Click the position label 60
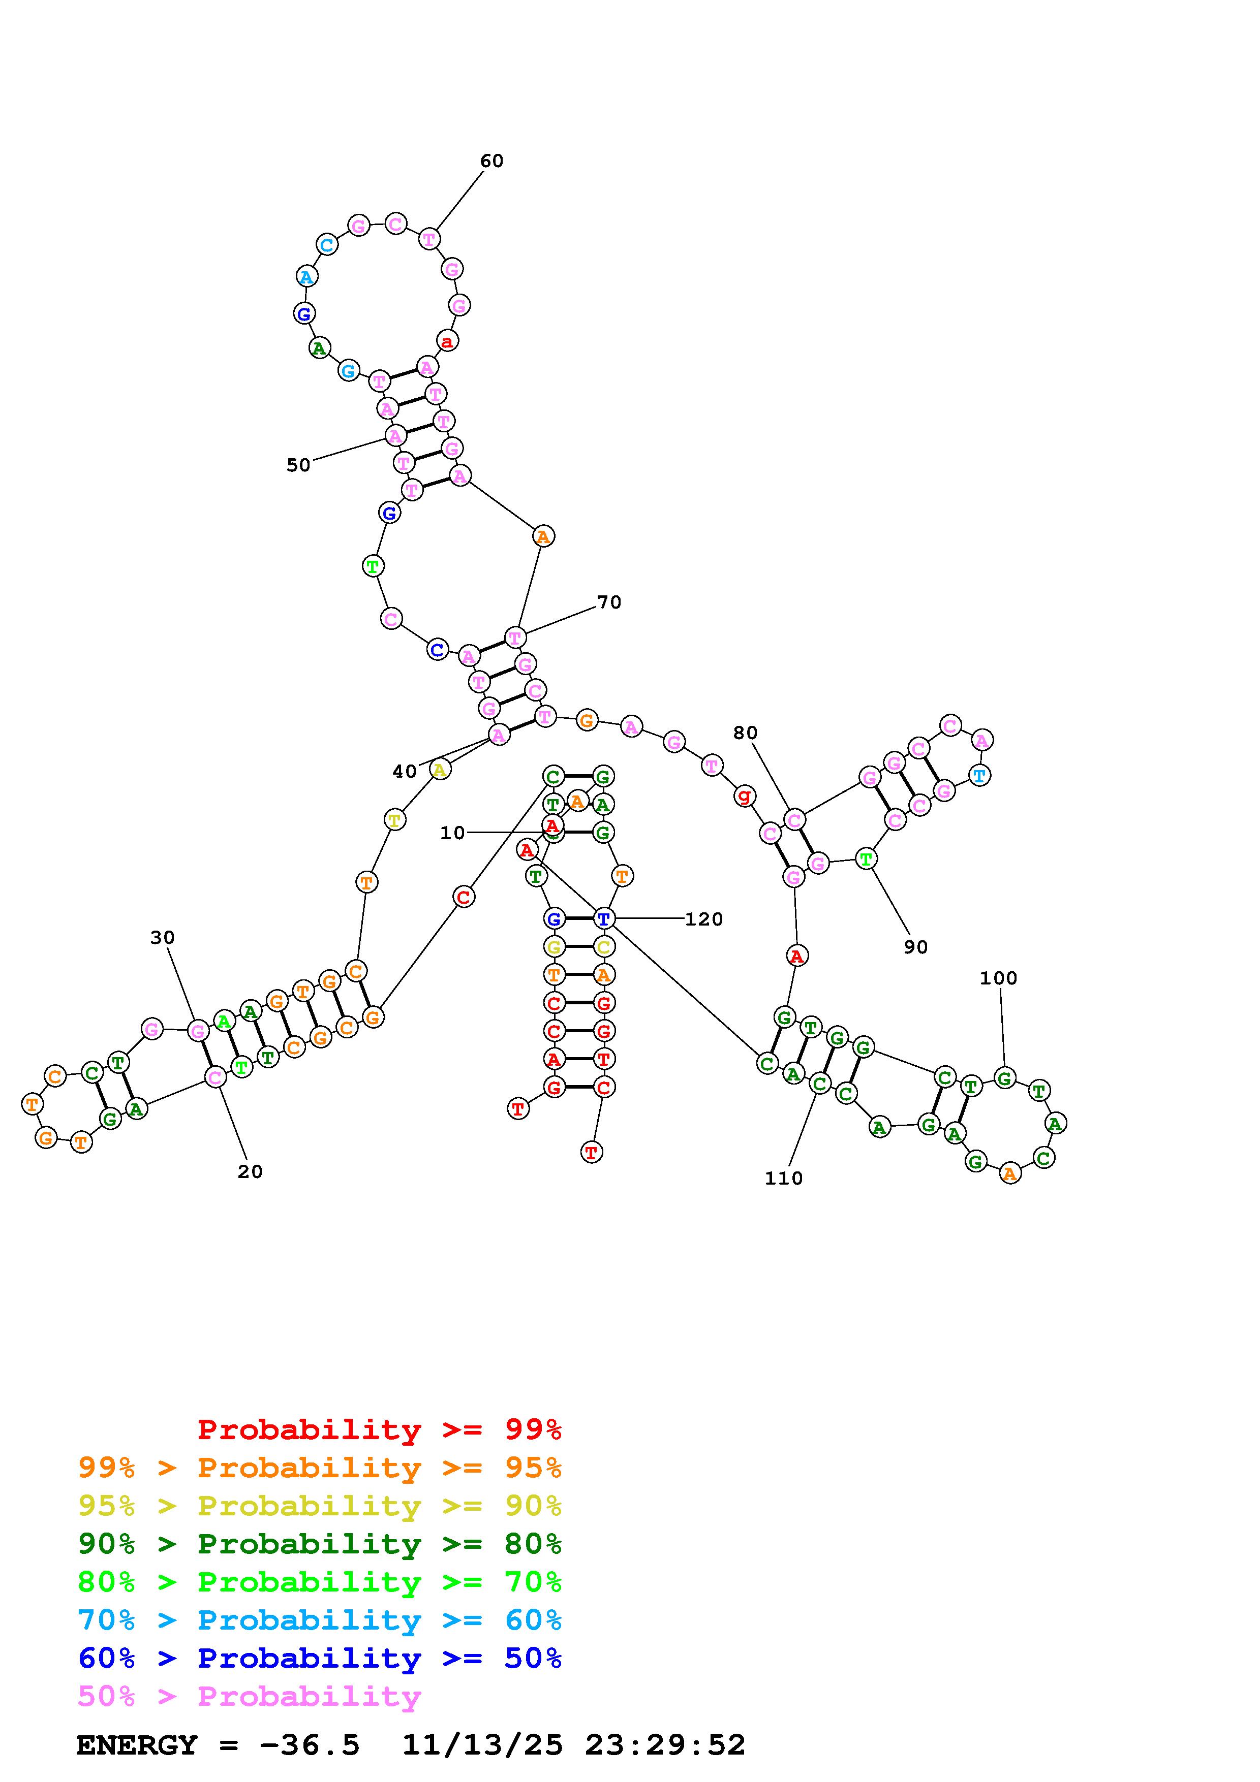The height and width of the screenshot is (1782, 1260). (x=491, y=161)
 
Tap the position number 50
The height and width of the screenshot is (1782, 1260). (x=298, y=465)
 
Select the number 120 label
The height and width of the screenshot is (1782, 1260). (x=703, y=919)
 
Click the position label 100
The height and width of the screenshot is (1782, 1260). (x=998, y=978)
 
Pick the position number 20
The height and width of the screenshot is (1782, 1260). (x=250, y=1172)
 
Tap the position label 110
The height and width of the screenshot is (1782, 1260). (x=783, y=1178)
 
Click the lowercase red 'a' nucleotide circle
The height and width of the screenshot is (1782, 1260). (x=446, y=341)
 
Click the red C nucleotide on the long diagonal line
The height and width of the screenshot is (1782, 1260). (x=464, y=897)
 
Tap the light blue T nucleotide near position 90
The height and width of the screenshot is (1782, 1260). (x=980, y=775)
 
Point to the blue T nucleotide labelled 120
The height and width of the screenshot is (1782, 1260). (x=603, y=919)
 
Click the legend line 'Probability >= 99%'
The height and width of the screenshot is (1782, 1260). (x=380, y=1429)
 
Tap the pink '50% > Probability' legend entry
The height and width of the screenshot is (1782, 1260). (x=249, y=1697)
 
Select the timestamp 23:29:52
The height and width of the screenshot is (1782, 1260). (x=665, y=1745)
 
